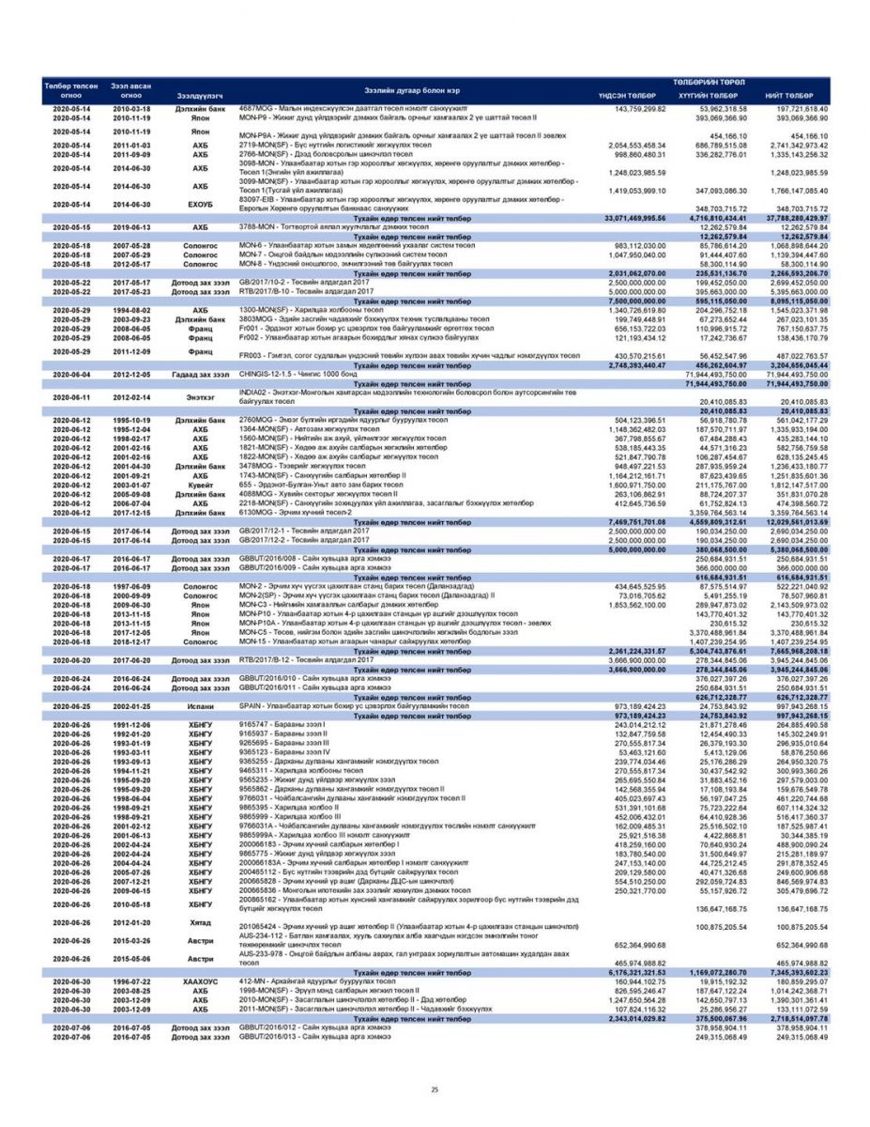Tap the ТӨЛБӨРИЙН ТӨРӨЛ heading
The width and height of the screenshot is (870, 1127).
click(708, 83)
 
